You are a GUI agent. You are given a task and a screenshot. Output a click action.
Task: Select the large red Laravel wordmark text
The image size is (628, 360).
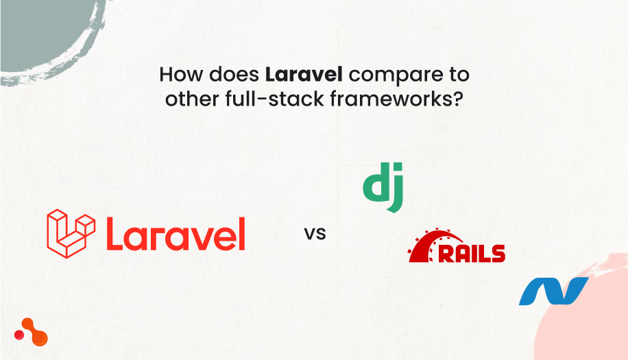click(176, 234)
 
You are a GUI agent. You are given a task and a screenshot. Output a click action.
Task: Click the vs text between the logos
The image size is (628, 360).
click(315, 233)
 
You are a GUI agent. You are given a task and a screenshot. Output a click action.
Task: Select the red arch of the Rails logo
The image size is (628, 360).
click(428, 243)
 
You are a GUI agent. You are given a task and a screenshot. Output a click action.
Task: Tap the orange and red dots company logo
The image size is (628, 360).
click(31, 332)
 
